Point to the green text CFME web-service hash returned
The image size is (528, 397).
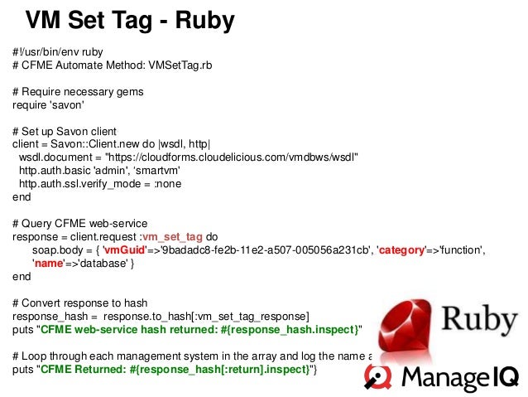(141, 330)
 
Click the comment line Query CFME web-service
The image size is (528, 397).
(79, 224)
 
